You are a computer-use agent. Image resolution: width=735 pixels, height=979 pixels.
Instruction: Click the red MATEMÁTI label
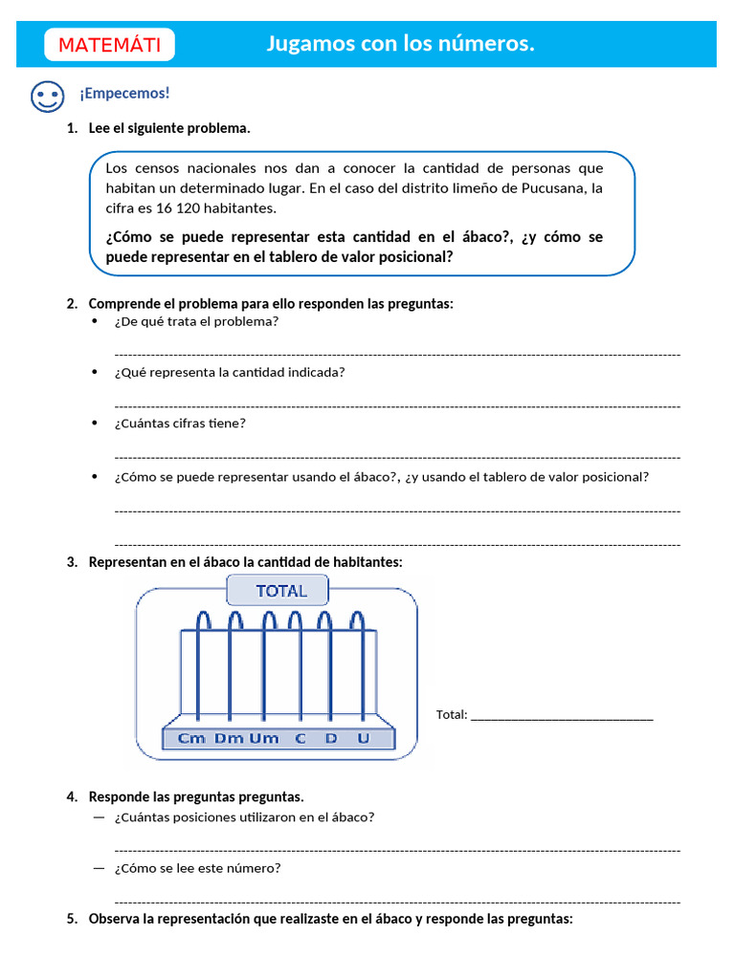(109, 45)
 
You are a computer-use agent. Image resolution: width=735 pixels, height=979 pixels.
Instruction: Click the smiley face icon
(46, 96)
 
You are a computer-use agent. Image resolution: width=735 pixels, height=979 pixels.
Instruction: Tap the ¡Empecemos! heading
(124, 93)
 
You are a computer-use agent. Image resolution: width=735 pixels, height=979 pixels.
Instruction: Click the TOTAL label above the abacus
(280, 591)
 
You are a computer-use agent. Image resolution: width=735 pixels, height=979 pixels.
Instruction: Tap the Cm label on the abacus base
(192, 738)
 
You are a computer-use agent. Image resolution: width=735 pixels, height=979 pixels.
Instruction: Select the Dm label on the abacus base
(229, 738)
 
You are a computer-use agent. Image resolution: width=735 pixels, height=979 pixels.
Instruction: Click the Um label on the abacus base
(263, 738)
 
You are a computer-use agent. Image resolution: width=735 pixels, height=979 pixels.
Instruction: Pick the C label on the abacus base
(301, 738)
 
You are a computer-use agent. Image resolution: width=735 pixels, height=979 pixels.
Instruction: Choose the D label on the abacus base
(331, 738)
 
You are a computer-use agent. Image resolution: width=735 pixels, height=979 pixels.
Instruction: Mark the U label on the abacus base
(362, 738)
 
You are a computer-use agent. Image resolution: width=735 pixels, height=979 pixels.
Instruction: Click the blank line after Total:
(562, 716)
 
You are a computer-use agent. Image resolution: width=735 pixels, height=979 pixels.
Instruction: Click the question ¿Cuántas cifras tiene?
(180, 424)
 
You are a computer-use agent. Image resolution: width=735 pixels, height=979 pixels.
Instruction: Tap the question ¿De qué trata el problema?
(196, 321)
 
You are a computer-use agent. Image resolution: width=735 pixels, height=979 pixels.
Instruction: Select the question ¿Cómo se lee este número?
(197, 869)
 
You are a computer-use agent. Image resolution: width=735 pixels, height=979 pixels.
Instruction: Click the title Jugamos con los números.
(400, 44)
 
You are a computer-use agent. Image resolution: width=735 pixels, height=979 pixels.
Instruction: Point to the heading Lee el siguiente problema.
(169, 128)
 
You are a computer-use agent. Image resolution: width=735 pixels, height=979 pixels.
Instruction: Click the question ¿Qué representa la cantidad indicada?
(230, 372)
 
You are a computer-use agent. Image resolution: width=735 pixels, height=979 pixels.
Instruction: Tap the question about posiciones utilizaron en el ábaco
(244, 817)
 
